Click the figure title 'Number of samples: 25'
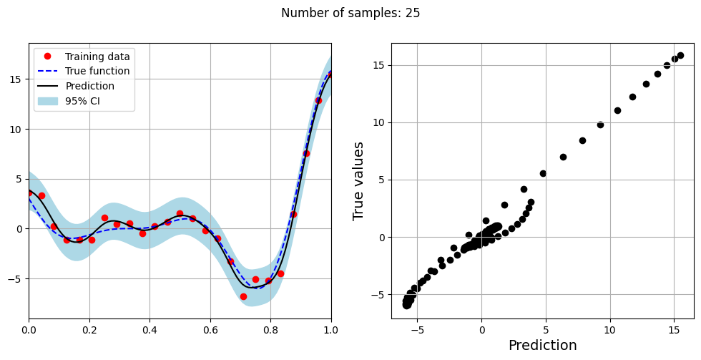click(350, 13)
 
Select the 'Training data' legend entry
click(97, 57)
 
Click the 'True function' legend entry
click(97, 72)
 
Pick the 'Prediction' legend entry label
click(89, 86)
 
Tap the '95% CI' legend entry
click(82, 101)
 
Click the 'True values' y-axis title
click(359, 180)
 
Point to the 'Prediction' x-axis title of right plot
click(542, 346)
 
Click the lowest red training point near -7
click(243, 296)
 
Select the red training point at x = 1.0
click(330, 74)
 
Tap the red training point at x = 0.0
click(29, 193)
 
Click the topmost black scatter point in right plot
click(680, 55)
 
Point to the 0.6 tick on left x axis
click(210, 330)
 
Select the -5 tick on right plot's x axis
click(418, 330)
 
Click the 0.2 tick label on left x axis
click(89, 330)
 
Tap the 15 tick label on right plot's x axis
click(674, 330)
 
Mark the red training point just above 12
click(318, 100)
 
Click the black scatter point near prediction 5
click(543, 173)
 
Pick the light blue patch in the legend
click(50, 101)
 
